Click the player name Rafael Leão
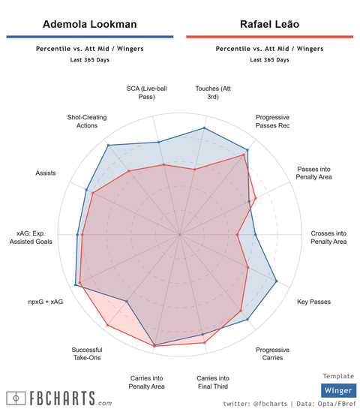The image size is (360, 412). coord(269,24)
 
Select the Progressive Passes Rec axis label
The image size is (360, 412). coord(272,122)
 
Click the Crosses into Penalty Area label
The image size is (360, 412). coord(328,237)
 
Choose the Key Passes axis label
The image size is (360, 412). coord(313,302)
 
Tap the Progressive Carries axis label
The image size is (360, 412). coord(272,353)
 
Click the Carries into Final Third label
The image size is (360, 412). coord(212,382)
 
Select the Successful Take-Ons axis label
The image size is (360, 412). coord(87,353)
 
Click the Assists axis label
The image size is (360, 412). coord(46,173)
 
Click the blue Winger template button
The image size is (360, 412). coord(337,390)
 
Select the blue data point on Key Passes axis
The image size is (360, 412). coord(277,281)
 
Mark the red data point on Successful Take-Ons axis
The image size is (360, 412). coord(108,326)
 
